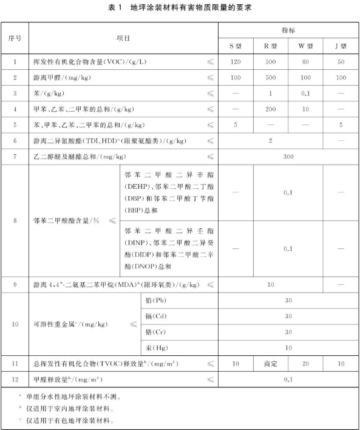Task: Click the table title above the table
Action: [180, 8]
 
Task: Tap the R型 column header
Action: [271, 46]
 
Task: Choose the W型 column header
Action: [306, 46]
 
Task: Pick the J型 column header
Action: [341, 46]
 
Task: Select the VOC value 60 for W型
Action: [306, 62]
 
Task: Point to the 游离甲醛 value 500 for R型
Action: [271, 78]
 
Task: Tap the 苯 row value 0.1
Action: [306, 94]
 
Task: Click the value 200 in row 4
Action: [271, 109]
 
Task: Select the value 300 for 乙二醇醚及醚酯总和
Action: [288, 157]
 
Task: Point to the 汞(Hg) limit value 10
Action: [288, 348]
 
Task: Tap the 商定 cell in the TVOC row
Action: [271, 364]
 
